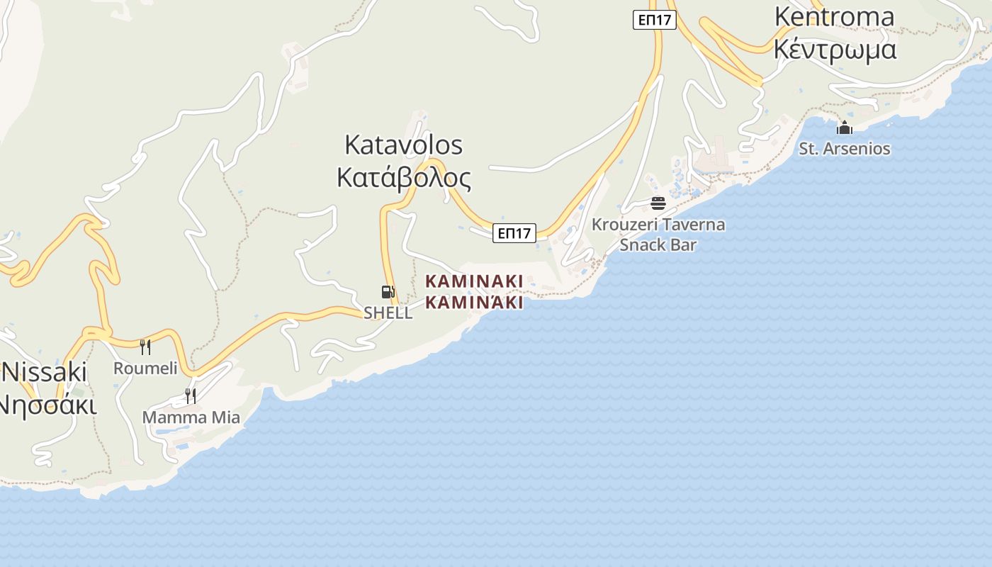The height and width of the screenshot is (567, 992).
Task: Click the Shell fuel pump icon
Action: click(388, 292)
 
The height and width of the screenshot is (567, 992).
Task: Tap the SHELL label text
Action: click(388, 313)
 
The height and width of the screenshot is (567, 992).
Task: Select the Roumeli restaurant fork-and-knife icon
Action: click(145, 347)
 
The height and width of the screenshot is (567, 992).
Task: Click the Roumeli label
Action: click(145, 368)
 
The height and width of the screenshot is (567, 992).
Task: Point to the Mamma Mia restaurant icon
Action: click(190, 395)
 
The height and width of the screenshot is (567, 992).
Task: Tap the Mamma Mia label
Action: click(191, 417)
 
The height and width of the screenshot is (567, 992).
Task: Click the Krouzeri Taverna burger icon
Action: click(658, 203)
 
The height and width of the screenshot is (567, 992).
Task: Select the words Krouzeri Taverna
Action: click(658, 225)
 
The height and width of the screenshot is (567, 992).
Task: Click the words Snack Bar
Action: click(658, 245)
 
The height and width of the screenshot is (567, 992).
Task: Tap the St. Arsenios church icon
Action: click(844, 128)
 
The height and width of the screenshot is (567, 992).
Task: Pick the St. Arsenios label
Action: click(844, 149)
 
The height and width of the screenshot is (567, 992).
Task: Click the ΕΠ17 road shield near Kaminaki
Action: click(514, 233)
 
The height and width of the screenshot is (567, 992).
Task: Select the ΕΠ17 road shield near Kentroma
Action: click(654, 20)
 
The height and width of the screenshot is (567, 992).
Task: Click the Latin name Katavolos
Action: click(403, 145)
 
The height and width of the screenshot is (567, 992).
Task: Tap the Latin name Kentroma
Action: click(834, 16)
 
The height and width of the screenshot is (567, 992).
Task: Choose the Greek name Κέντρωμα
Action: click(835, 50)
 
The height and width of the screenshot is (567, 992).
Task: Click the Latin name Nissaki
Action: click(44, 371)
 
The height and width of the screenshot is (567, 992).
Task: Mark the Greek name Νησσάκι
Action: click(45, 405)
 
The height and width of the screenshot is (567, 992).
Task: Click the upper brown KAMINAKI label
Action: click(474, 281)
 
